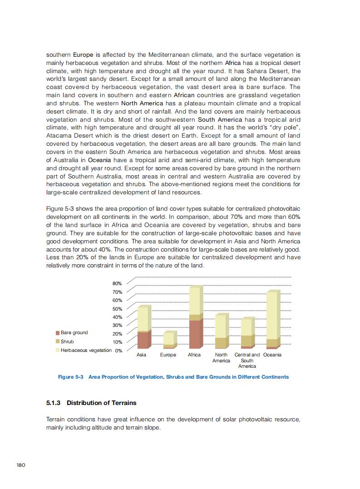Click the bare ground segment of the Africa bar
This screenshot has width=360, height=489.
point(194,334)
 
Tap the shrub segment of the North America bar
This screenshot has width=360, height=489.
point(221,343)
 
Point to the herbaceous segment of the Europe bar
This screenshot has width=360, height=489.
point(168,338)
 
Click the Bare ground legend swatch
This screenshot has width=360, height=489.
point(58,333)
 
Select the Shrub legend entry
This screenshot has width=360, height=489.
point(67,341)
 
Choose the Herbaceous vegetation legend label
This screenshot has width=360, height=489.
point(86,350)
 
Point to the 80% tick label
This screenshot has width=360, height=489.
point(117,283)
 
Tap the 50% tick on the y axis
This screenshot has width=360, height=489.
point(117,309)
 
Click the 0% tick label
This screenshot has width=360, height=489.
point(118,351)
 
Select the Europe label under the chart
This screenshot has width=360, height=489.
point(168,355)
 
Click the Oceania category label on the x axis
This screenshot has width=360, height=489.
point(272,355)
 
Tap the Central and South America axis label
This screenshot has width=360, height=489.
point(247,360)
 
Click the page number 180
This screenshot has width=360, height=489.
point(20,465)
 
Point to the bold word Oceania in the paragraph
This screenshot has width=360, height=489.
point(99,160)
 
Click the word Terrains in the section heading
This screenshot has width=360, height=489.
point(123,403)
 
